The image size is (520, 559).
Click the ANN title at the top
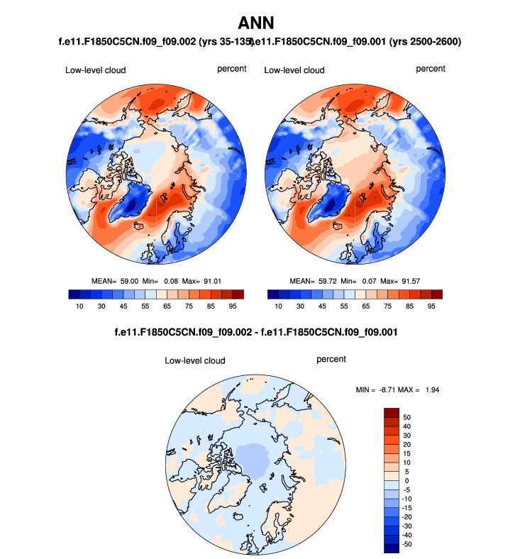(260, 24)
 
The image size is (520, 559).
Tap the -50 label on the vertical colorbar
(407, 544)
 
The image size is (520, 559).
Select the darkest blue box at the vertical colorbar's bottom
(392, 548)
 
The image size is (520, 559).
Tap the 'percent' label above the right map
(431, 69)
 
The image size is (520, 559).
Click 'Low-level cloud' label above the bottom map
(195, 361)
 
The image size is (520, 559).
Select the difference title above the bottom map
(260, 332)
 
